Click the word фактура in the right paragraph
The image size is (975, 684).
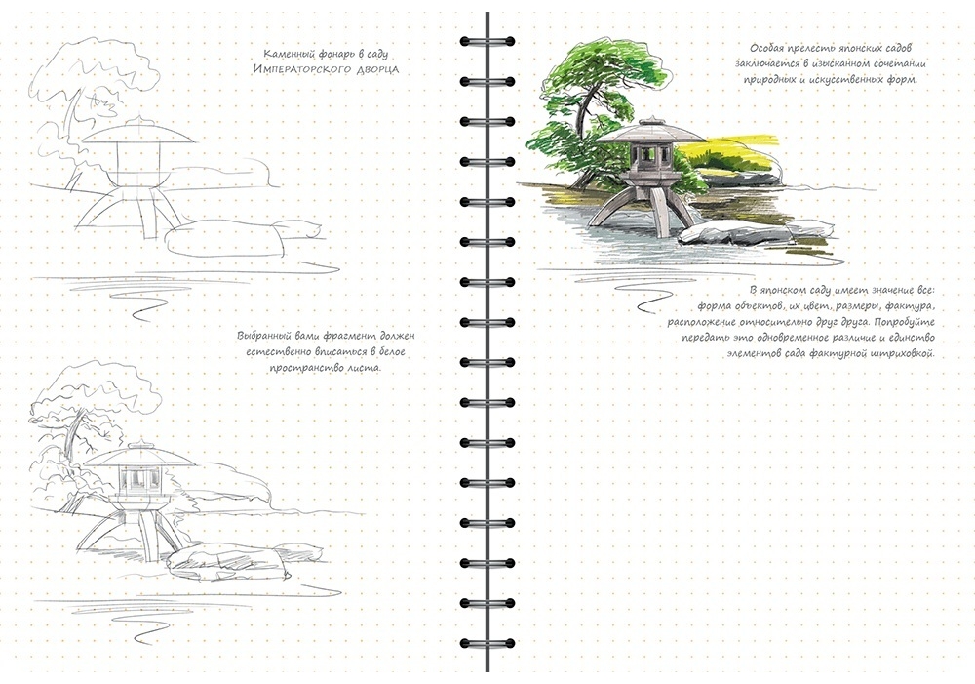click(908, 306)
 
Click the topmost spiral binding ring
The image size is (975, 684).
click(487, 42)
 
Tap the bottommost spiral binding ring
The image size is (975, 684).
click(487, 643)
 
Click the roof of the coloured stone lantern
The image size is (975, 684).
click(651, 131)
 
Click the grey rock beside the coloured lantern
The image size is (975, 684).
click(734, 232)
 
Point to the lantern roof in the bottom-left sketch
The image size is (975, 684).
click(140, 457)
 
